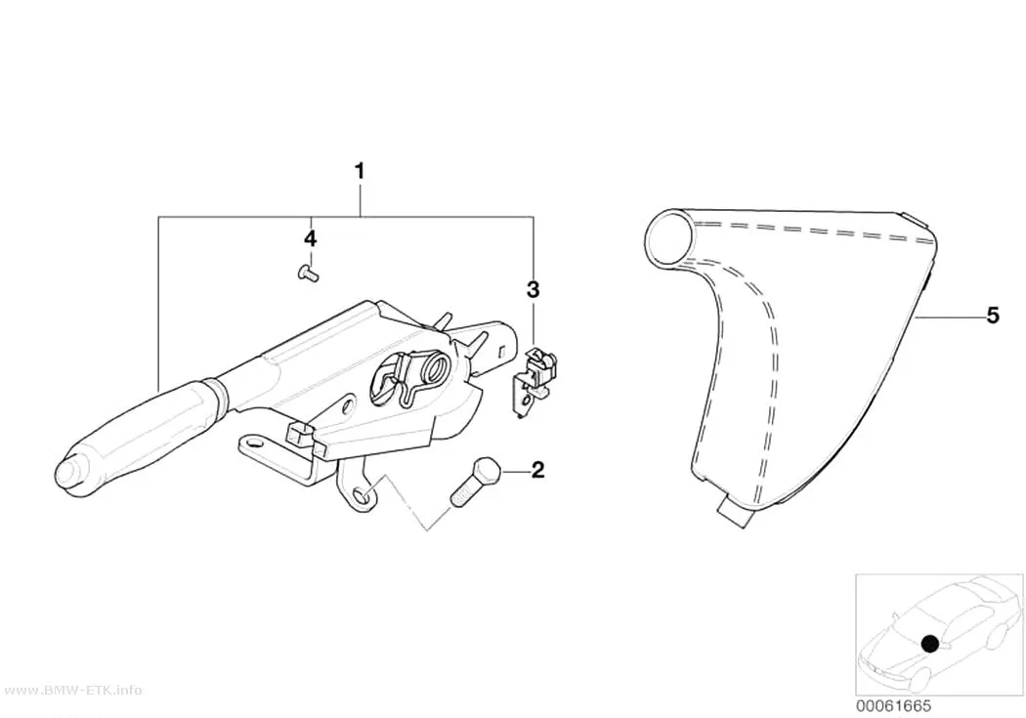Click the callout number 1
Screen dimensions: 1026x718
coord(360,171)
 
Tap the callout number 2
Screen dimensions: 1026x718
coord(537,470)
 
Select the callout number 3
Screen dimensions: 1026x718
coord(534,289)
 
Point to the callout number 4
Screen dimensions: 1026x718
coord(310,238)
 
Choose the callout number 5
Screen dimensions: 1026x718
coord(994,316)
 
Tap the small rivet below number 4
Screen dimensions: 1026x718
coord(307,273)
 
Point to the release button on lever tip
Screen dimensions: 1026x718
coord(67,474)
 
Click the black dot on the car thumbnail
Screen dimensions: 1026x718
coord(929,644)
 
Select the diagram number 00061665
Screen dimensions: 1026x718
coord(893,706)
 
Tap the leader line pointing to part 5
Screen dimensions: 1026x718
coord(948,317)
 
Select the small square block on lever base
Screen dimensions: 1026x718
coord(298,432)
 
